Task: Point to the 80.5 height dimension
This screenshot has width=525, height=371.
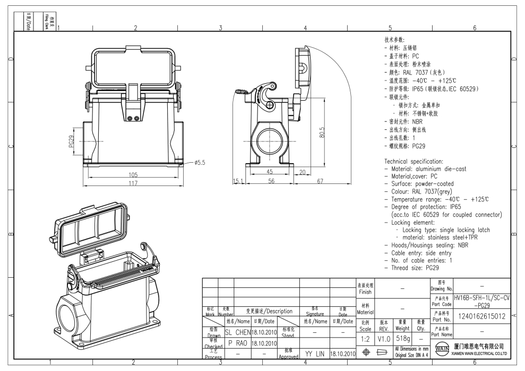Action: click(320, 131)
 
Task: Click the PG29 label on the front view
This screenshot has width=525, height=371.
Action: click(71, 142)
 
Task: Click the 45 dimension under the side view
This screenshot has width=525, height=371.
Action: click(270, 172)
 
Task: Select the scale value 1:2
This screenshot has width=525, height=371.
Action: click(365, 338)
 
